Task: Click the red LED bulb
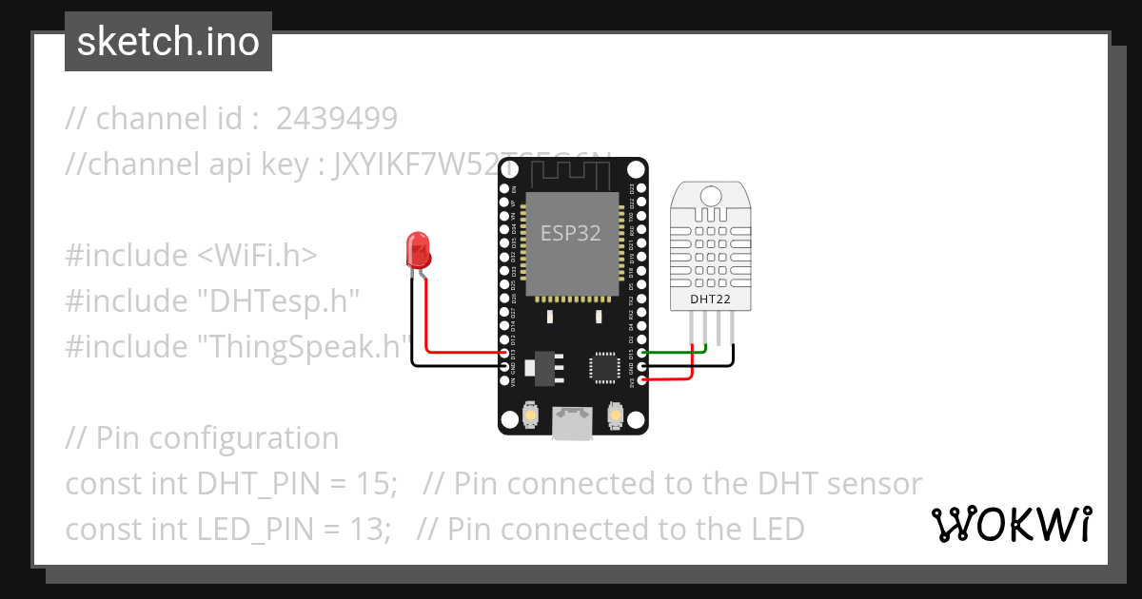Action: point(418,249)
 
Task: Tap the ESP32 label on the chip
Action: point(571,233)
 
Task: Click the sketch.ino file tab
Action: point(168,42)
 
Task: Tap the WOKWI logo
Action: point(1012,524)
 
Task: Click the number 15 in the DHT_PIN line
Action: point(375,484)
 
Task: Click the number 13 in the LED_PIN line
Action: point(371,529)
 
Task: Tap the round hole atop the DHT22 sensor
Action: point(711,196)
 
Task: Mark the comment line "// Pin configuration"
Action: point(202,438)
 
